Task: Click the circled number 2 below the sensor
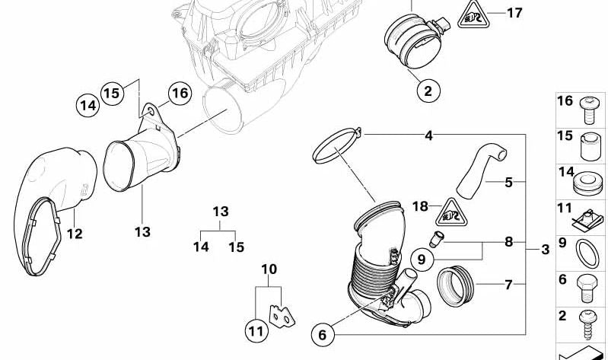point(427,92)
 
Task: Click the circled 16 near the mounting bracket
point(179,94)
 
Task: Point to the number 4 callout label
point(429,136)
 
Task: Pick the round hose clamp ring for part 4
point(337,146)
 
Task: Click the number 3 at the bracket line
point(545,250)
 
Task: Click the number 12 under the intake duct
point(74,234)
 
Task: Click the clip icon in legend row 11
point(588,220)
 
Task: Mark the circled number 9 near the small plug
point(422,260)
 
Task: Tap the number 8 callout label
point(508,242)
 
